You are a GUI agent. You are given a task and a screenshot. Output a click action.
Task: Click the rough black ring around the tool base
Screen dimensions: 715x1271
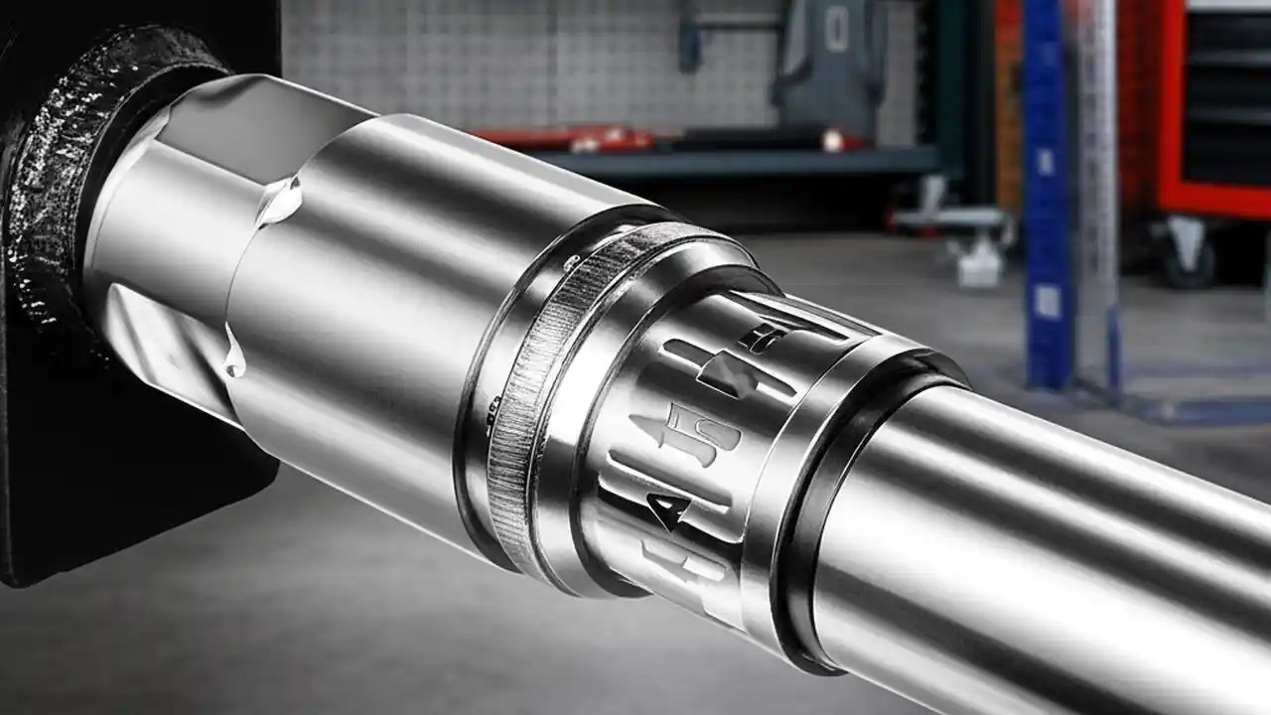(60, 179)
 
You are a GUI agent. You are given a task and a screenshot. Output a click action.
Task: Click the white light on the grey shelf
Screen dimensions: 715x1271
(829, 142)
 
